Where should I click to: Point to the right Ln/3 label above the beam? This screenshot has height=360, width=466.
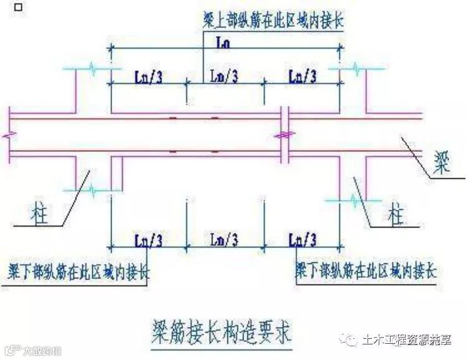pyautogui.click(x=303, y=77)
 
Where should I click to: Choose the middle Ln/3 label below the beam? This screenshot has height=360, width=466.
pyautogui.click(x=224, y=239)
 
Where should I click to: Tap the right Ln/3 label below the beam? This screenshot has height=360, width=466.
pyautogui.click(x=303, y=239)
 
